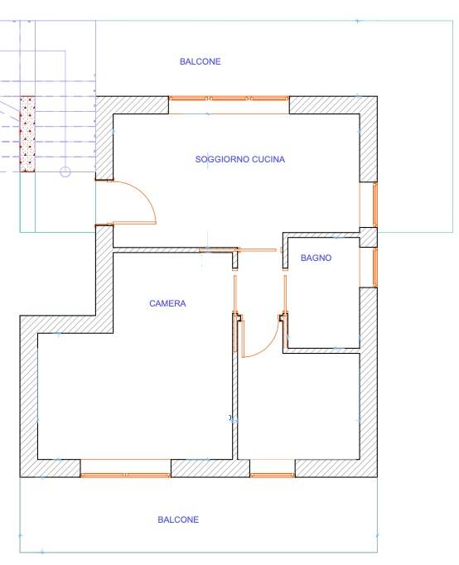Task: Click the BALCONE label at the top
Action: point(200,61)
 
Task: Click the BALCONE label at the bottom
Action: point(178,520)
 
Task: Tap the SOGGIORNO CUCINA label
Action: point(240,158)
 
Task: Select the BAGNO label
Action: point(316,258)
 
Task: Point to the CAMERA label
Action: point(167,303)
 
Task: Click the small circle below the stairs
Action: point(65,171)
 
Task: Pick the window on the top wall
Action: point(229,99)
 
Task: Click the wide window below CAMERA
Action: point(126,475)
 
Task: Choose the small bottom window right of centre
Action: point(272,475)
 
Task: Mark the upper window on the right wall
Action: point(374,204)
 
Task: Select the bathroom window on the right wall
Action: point(374,265)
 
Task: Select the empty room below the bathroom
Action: point(298,406)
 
